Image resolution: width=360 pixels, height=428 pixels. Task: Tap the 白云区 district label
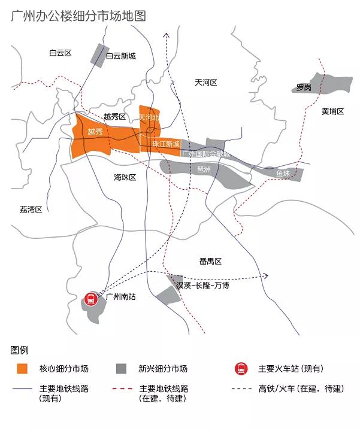pyautogui.click(x=60, y=53)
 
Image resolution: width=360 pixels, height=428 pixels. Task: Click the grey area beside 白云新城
pyautogui.click(x=96, y=55)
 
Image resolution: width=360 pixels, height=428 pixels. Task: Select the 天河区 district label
pyautogui.click(x=205, y=82)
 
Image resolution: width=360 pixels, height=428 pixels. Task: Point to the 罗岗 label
pyautogui.click(x=304, y=88)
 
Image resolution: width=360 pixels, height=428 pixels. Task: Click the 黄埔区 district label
pyautogui.click(x=332, y=111)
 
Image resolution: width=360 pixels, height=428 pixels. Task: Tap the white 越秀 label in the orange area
pyautogui.click(x=95, y=132)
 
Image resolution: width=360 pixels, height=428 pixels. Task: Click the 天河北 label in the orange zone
pyautogui.click(x=149, y=117)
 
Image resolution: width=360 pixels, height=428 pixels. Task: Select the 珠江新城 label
pyautogui.click(x=166, y=144)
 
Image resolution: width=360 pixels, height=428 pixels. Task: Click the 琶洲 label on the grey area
pyautogui.click(x=204, y=169)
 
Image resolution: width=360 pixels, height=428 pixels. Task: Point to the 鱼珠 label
pyautogui.click(x=283, y=174)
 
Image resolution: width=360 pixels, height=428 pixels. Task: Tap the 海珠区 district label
pyautogui.click(x=125, y=178)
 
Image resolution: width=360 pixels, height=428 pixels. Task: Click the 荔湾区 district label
pyautogui.click(x=31, y=210)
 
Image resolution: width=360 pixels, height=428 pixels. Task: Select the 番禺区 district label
pyautogui.click(x=210, y=262)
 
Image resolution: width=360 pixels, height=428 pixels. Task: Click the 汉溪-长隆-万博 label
pyautogui.click(x=202, y=286)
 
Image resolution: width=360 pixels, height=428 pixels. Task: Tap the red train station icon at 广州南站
pyautogui.click(x=91, y=298)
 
